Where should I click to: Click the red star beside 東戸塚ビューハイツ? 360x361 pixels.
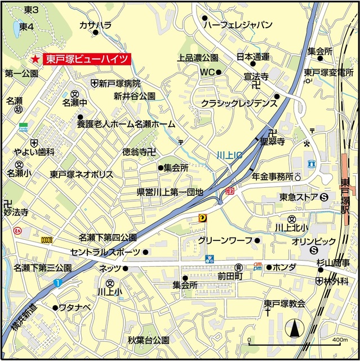[x=35, y=59]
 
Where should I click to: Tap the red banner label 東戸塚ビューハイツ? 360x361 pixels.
[x=87, y=59]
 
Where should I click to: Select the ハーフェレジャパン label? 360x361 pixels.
[x=238, y=25]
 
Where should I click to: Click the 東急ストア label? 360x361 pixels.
[x=299, y=197]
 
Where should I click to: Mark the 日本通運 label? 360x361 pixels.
[x=253, y=56]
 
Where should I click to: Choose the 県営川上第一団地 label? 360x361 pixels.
[x=170, y=192]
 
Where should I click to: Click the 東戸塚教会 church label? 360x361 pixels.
[x=285, y=304]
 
